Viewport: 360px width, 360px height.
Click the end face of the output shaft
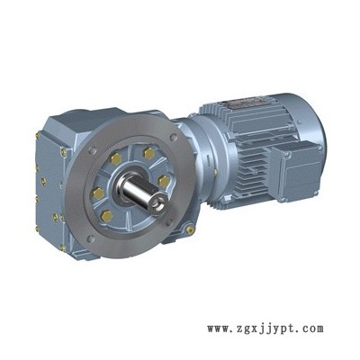pos(158,204)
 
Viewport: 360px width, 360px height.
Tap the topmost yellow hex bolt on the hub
pos(149,154)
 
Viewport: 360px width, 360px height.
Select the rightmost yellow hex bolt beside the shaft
pos(164,181)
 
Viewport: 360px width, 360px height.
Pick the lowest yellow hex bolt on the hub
pos(106,216)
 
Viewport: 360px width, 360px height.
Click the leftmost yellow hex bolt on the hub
pos(98,193)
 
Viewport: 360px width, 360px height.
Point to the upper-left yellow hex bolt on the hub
pos(116,158)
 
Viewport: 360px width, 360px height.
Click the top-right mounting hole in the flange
pos(173,138)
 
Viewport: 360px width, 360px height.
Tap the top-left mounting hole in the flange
pos(92,149)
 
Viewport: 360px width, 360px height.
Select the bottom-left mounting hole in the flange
pos(89,238)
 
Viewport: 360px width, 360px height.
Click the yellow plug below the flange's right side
pos(189,230)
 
